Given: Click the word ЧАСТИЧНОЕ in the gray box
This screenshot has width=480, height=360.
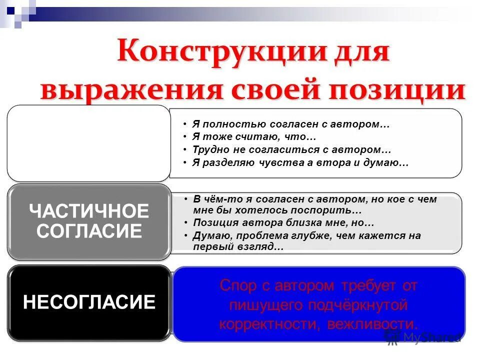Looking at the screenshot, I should pyautogui.click(x=89, y=211).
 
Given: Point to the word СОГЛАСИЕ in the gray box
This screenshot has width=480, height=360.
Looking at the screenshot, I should pyautogui.click(x=89, y=231).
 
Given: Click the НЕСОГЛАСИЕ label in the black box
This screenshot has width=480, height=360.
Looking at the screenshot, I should pyautogui.click(x=89, y=302).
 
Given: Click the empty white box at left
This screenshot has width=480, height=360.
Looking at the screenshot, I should pyautogui.click(x=88, y=143).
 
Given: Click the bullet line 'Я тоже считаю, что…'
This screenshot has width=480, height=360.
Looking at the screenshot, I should pyautogui.click(x=254, y=136).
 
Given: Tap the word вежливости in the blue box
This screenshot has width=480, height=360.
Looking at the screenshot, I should pyautogui.click(x=372, y=323).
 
